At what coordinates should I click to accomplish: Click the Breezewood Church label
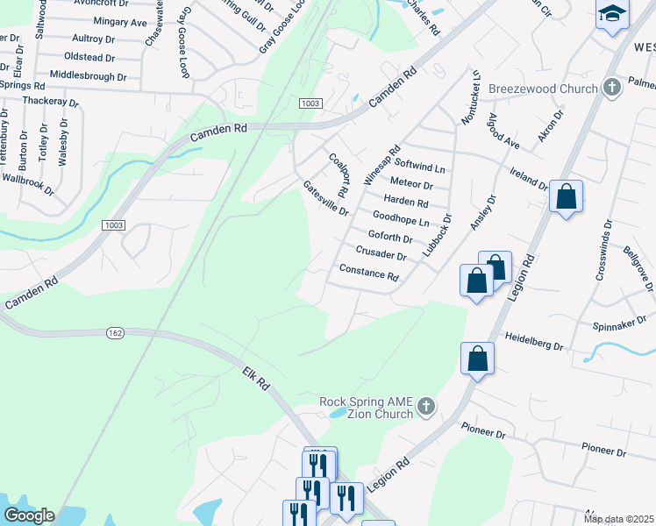click(541, 89)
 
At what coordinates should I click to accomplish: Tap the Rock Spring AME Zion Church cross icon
click(425, 406)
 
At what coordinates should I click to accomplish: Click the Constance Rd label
click(368, 273)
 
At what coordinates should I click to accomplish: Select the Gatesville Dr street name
click(325, 199)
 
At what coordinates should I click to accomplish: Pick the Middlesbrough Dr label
click(89, 77)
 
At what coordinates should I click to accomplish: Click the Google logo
click(29, 515)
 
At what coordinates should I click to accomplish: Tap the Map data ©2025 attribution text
click(619, 519)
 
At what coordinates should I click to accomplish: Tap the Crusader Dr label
click(381, 255)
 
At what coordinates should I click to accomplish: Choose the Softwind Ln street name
click(420, 165)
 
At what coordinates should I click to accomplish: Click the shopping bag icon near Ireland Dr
click(567, 196)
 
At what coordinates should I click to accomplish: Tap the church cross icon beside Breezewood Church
click(612, 89)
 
